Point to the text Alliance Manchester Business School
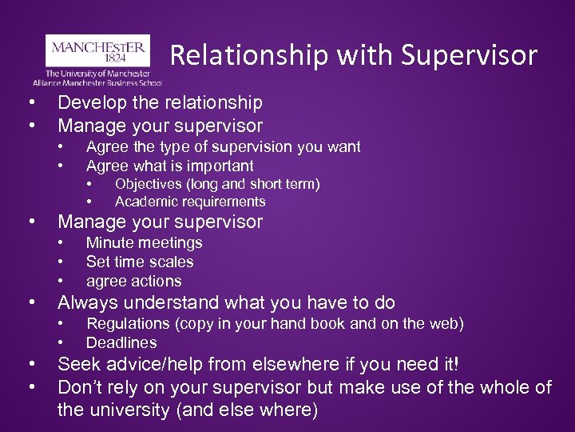[97, 82]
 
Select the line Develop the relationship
[160, 102]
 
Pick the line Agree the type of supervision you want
[223, 146]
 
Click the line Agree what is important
[169, 166]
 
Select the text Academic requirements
[190, 202]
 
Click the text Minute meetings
[144, 242]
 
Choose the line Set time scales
[140, 262]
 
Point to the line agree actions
[133, 281]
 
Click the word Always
[85, 302]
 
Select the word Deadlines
[121, 342]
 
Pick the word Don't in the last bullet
[81, 387]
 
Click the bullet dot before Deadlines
[61, 342]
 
